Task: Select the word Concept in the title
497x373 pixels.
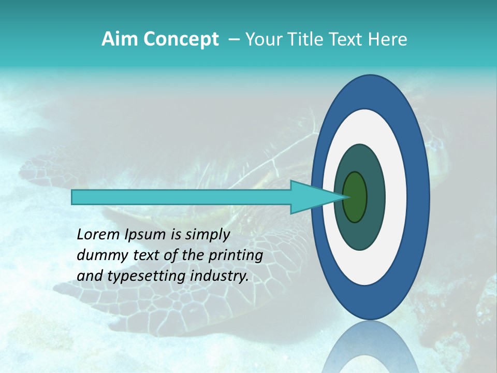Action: pyautogui.click(x=182, y=39)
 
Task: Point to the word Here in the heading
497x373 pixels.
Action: pyautogui.click(x=388, y=39)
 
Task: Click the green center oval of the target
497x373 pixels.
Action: pyautogui.click(x=355, y=197)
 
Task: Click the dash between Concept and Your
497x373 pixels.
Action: pyautogui.click(x=233, y=39)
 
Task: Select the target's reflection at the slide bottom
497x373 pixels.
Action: pyautogui.click(x=371, y=350)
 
